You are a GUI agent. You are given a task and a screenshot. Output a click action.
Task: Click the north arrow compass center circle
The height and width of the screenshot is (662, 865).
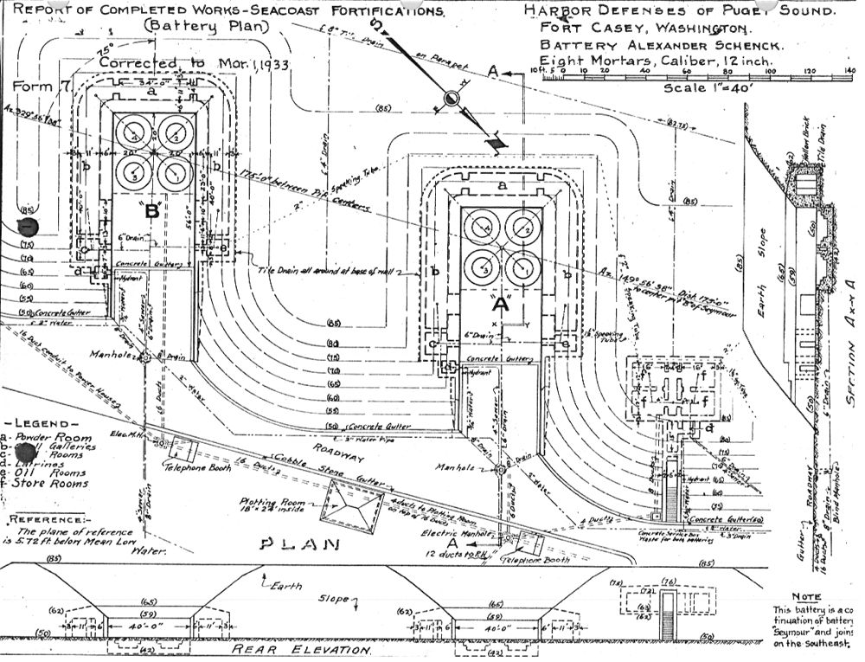click(x=451, y=99)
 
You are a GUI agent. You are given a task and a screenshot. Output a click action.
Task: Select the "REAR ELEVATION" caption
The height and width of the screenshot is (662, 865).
click(x=304, y=650)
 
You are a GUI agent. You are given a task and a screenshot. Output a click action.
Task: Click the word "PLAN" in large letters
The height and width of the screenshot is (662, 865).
click(x=290, y=546)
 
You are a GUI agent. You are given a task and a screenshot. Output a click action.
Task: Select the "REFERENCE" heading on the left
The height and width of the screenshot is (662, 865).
click(x=43, y=519)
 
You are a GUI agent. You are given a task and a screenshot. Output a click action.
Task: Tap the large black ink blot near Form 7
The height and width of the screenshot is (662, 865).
click(x=28, y=228)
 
